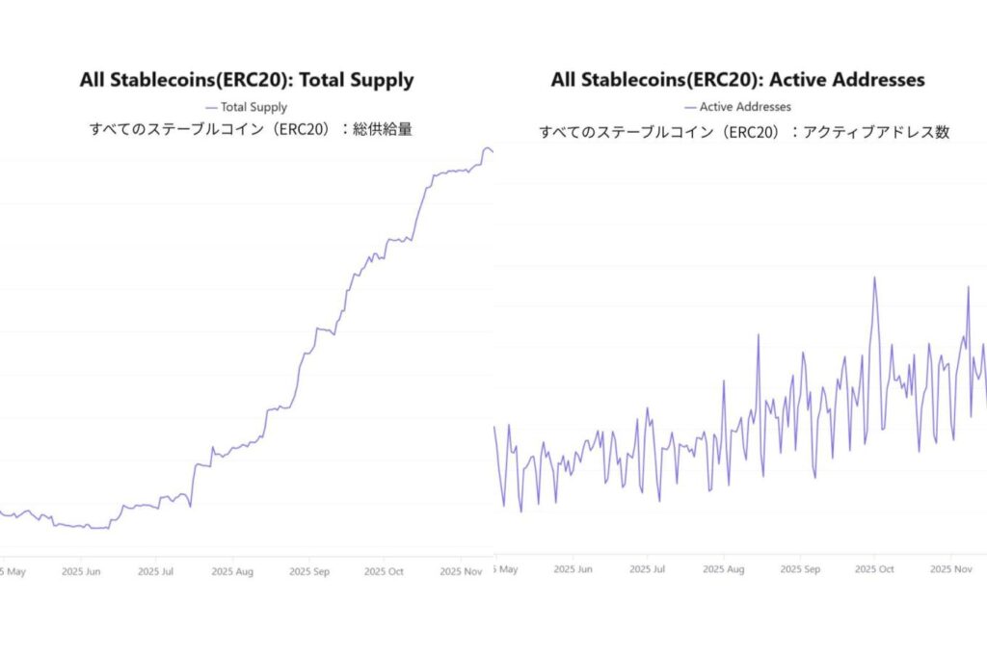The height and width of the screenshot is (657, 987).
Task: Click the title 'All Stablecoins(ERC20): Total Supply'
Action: pyautogui.click(x=247, y=80)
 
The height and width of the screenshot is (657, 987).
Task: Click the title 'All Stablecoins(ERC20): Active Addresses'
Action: pyautogui.click(x=737, y=80)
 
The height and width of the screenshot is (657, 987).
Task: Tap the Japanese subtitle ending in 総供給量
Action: pyautogui.click(x=251, y=129)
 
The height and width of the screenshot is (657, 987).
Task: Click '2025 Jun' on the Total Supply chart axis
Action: pyautogui.click(x=81, y=571)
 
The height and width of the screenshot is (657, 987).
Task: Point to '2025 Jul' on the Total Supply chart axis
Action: pyautogui.click(x=156, y=571)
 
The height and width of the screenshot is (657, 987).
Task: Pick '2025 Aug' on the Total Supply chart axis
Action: pyautogui.click(x=232, y=571)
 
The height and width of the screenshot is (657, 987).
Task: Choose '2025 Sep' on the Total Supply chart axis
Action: pyautogui.click(x=308, y=571)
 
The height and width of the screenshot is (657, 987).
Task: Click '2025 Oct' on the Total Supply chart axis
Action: pyautogui.click(x=384, y=571)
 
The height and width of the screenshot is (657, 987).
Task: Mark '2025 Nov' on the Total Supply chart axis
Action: pyautogui.click(x=460, y=571)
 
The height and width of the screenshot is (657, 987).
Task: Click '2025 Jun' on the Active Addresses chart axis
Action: pyautogui.click(x=574, y=569)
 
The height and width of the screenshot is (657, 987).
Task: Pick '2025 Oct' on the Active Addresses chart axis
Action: pyautogui.click(x=874, y=569)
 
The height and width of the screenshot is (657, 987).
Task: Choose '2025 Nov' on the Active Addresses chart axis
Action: pyautogui.click(x=950, y=569)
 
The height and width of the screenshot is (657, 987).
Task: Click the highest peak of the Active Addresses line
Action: pyautogui.click(x=874, y=277)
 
